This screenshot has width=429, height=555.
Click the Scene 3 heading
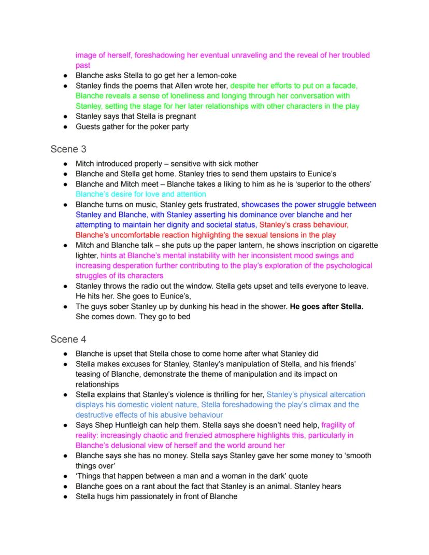coord(68,149)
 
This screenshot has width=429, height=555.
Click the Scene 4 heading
coord(68,339)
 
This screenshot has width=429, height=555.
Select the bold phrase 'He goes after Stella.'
coord(326,306)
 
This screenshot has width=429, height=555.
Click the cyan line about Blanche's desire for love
coord(140,194)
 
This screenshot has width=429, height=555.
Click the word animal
coord(272,486)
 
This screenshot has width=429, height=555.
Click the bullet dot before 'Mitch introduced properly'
coord(65,164)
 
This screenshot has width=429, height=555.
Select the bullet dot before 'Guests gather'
coord(65,126)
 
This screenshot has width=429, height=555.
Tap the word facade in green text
coord(343,86)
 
